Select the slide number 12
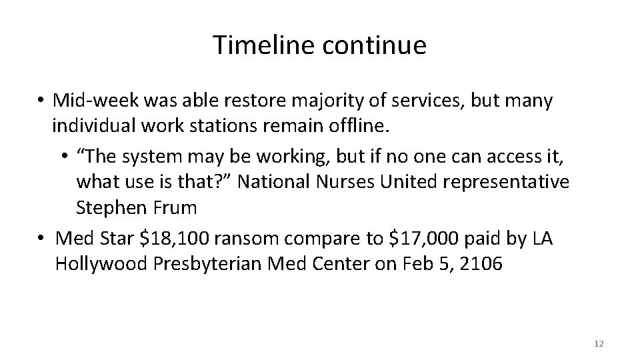(x=598, y=343)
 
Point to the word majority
(x=311, y=101)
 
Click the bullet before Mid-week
(x=41, y=101)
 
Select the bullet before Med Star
(x=41, y=239)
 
